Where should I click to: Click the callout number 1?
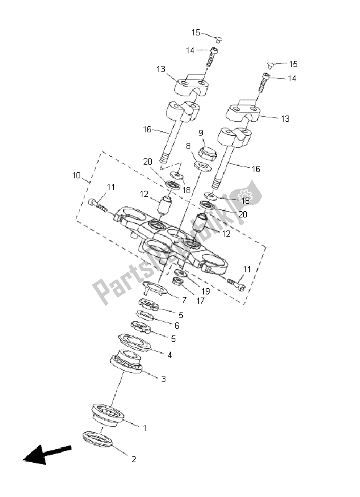pos(144,428)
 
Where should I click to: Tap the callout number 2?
pos(133,460)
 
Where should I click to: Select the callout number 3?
pos(163,379)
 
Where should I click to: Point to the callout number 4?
pos(168,354)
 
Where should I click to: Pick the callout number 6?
pos(177,326)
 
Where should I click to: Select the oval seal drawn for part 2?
pos(96,437)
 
